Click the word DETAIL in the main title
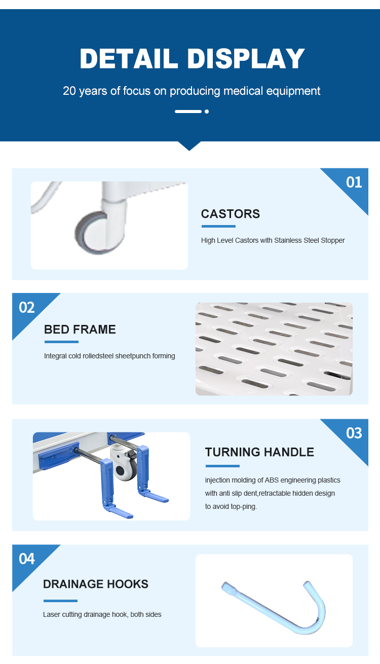tap(129, 59)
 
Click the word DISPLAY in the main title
tap(246, 59)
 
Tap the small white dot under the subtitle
tap(207, 112)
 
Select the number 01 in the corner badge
tap(354, 182)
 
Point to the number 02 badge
tap(27, 307)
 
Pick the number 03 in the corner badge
tap(354, 433)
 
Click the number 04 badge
tap(27, 559)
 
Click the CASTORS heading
tap(231, 214)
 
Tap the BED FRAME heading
tap(80, 329)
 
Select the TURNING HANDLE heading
tap(259, 452)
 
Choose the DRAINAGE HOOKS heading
tap(95, 584)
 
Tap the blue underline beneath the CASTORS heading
tap(218, 226)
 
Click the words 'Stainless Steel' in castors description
tap(296, 240)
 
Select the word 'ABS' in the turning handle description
tap(272, 480)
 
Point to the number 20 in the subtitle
tap(69, 91)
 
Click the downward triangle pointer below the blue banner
tap(189, 146)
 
